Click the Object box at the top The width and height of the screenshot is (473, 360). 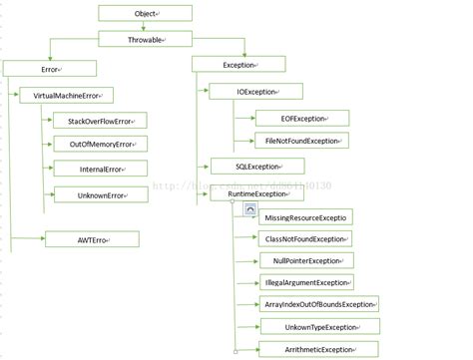pyautogui.click(x=146, y=13)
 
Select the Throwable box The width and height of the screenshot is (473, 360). pyautogui.click(x=146, y=40)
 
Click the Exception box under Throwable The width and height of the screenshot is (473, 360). pyautogui.click(x=238, y=64)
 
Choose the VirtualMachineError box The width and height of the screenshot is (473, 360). pyautogui.click(x=66, y=95)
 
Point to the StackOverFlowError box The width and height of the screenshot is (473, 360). pyautogui.click(x=100, y=120)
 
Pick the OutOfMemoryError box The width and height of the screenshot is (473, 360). pyautogui.click(x=100, y=145)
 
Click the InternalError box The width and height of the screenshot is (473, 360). pyautogui.click(x=100, y=170)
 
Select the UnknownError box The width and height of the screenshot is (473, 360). pyautogui.click(x=100, y=194)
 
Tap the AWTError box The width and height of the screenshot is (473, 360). pyautogui.click(x=92, y=239)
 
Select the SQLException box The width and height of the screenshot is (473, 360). pyautogui.click(x=256, y=167)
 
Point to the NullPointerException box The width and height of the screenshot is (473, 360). pyautogui.click(x=306, y=260)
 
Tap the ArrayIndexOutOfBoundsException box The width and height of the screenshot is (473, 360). pyautogui.click(x=319, y=304)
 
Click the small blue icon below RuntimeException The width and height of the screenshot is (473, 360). pyautogui.click(x=250, y=211)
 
